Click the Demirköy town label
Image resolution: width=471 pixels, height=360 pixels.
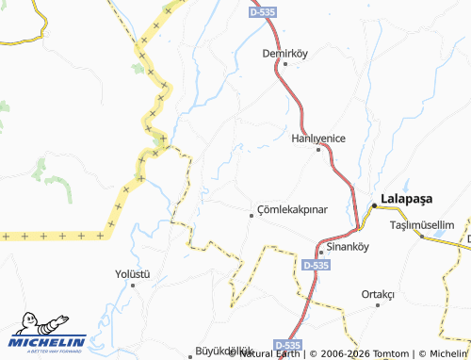tap(285, 53)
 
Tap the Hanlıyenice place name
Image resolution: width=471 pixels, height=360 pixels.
tap(317, 138)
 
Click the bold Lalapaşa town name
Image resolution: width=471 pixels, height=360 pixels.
tap(405, 199)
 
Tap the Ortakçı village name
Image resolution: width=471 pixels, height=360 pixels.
tap(378, 293)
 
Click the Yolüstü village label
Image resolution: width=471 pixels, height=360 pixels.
tap(133, 273)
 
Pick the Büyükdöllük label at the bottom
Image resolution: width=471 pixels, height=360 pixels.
tap(225, 351)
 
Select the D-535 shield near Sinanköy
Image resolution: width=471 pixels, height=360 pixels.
tap(317, 267)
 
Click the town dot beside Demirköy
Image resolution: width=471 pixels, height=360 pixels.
tap(285, 64)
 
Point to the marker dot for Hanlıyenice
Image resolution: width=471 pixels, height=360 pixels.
tap(319, 150)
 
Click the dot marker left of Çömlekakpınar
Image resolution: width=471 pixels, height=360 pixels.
tap(251, 215)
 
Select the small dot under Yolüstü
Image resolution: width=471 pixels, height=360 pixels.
tap(133, 285)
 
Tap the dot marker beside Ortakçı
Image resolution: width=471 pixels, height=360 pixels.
tap(379, 304)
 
